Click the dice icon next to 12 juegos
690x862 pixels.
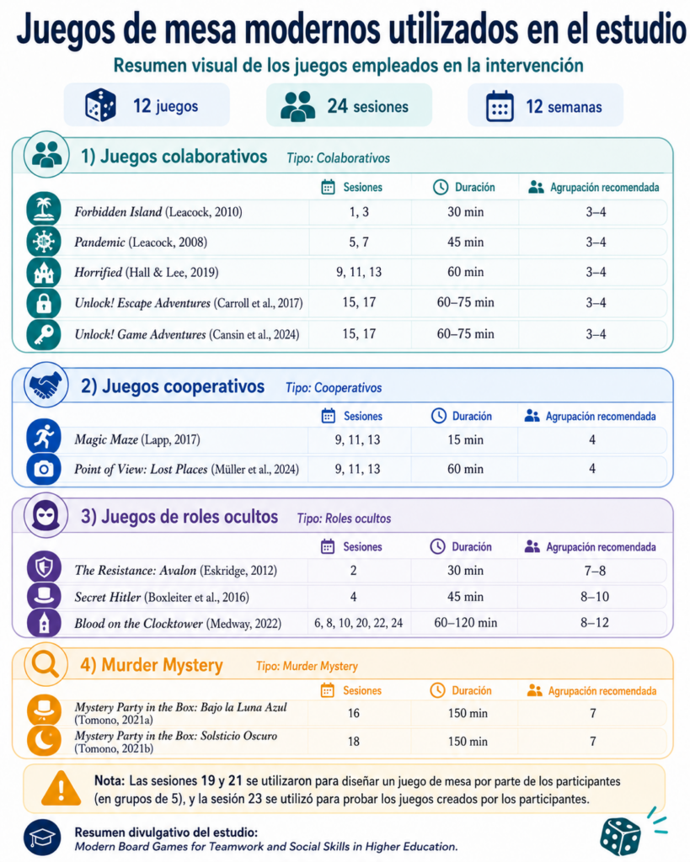(101, 105)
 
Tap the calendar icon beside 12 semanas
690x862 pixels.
(500, 105)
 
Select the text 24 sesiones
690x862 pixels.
(367, 106)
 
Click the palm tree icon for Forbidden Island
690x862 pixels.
(44, 210)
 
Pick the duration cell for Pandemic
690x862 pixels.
(466, 242)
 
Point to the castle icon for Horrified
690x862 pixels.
(44, 272)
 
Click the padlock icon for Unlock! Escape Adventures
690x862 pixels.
(44, 303)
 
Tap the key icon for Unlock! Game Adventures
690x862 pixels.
(44, 334)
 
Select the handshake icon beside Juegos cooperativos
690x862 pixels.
(45, 385)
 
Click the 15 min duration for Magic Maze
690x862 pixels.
(466, 439)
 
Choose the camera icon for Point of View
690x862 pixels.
(44, 469)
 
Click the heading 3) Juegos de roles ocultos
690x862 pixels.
(179, 517)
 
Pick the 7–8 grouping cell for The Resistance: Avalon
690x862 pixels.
(595, 571)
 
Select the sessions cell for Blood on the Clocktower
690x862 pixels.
(358, 623)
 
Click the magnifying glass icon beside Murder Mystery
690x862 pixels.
(45, 664)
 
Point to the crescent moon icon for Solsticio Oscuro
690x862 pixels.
(44, 739)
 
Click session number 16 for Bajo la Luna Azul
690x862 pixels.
(353, 713)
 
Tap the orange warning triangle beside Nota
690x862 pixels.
(61, 788)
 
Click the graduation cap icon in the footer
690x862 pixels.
(42, 838)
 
